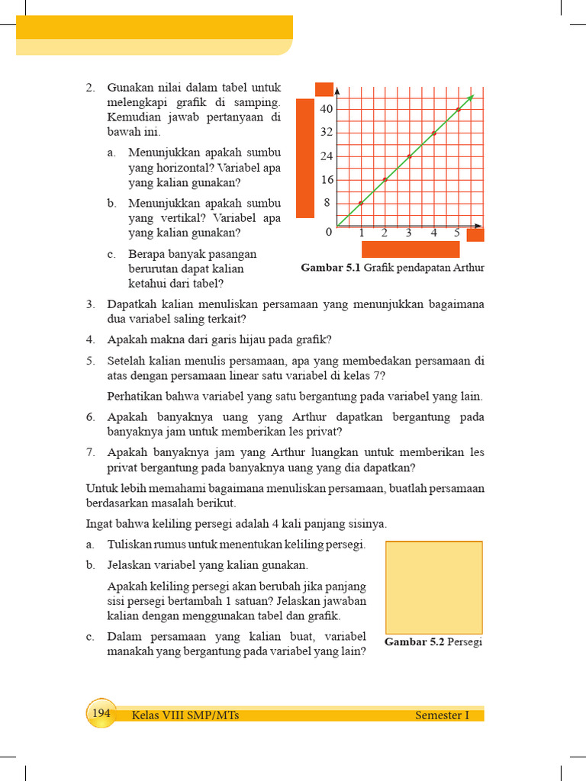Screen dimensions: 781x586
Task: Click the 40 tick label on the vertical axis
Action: [327, 109]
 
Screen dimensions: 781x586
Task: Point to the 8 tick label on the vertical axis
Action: [327, 203]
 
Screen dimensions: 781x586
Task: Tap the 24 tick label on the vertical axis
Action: [327, 156]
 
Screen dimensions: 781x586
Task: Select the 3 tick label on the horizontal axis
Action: [409, 233]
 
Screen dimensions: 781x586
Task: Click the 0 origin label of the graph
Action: [329, 232]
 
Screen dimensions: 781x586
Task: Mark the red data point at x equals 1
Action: [361, 203]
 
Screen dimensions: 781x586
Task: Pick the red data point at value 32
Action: [433, 133]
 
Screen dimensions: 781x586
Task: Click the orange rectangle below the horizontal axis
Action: [411, 249]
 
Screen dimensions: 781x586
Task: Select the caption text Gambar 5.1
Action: [331, 268]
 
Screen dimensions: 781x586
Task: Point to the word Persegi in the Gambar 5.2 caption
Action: [465, 641]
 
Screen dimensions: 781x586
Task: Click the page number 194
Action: [101, 713]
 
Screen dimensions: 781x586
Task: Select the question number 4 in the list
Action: [90, 339]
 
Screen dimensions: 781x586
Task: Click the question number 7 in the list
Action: [90, 452]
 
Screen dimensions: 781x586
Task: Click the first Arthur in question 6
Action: [308, 417]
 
